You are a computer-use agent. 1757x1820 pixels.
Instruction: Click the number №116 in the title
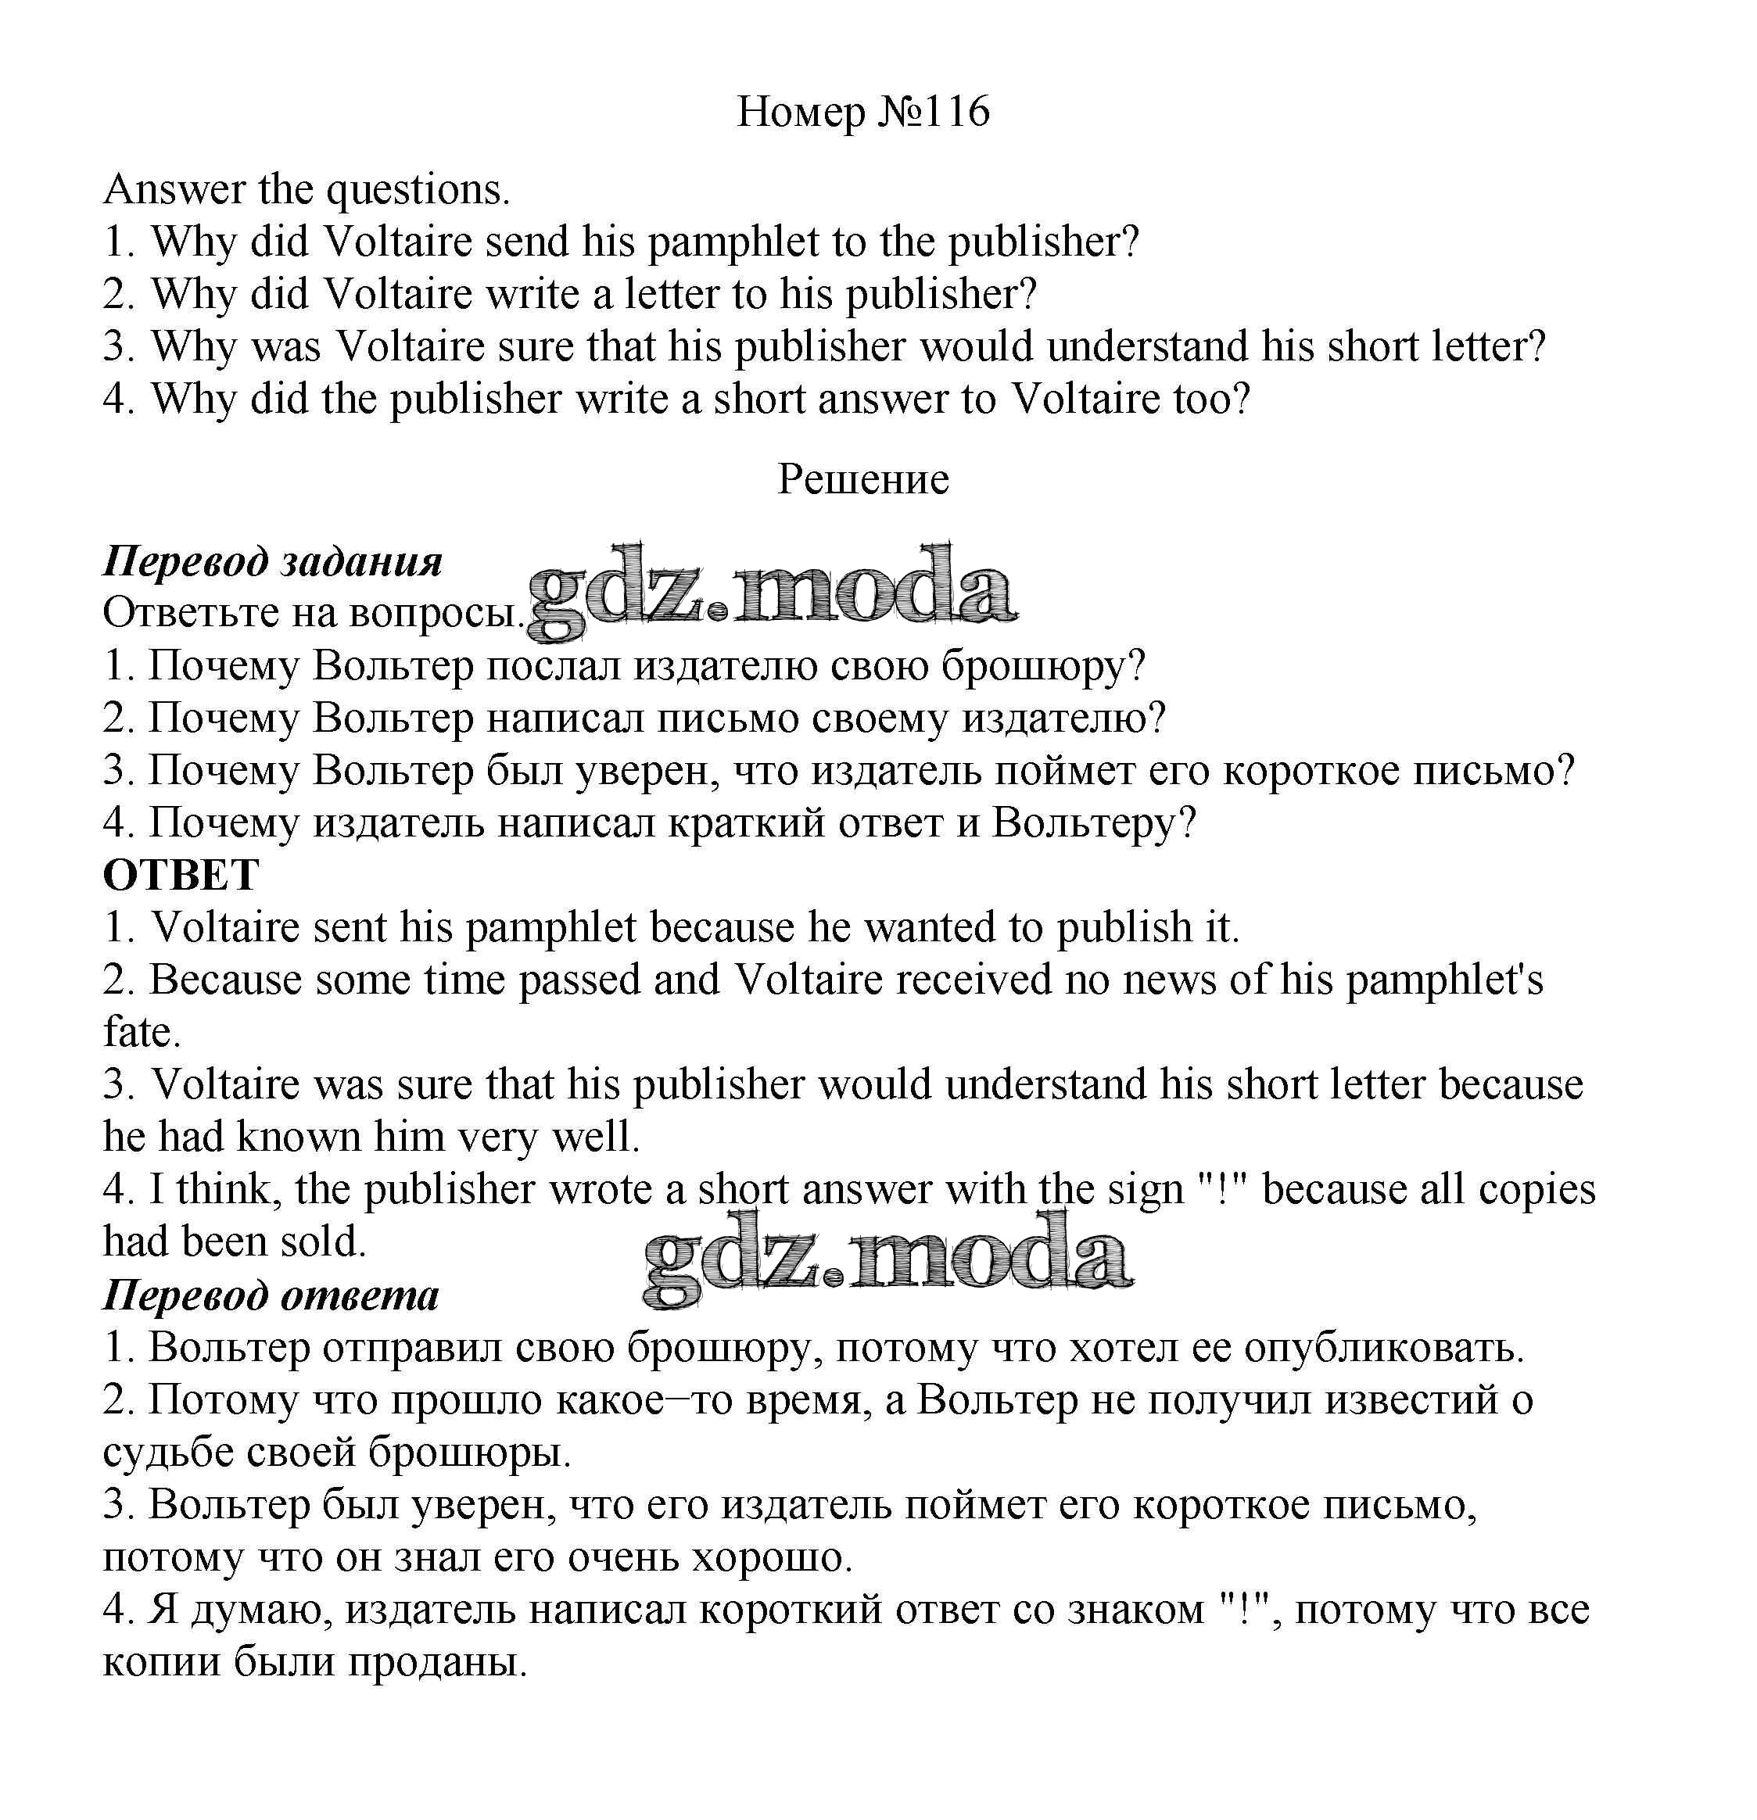coord(929,112)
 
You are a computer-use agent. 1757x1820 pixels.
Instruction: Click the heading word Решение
coord(862,479)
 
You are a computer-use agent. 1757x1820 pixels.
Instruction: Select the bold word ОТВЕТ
coord(181,875)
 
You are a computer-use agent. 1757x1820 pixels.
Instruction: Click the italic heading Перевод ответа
coord(271,1295)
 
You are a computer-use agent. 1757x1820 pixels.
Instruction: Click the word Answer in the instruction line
coord(174,189)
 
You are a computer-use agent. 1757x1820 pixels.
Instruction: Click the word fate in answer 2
coord(139,1033)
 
